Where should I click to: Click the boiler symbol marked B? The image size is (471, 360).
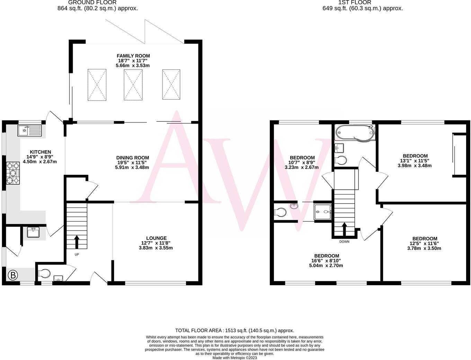click(13, 276)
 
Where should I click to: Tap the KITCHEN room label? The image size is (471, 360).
click(40, 152)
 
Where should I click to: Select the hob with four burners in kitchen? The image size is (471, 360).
click(13, 173)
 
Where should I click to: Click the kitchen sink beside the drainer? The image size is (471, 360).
click(25, 130)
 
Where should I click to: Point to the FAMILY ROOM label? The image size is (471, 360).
click(133, 56)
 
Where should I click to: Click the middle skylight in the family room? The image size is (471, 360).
click(133, 85)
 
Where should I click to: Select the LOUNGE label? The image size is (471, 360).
click(156, 238)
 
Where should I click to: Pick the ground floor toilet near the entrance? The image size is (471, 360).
click(44, 274)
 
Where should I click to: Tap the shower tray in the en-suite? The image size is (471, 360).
click(322, 212)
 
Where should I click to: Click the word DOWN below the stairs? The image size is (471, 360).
click(344, 242)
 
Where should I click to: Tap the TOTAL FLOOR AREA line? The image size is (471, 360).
click(234, 331)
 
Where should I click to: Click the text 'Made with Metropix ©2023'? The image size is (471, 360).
click(234, 358)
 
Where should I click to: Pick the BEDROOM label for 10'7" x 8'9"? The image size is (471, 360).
click(302, 158)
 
